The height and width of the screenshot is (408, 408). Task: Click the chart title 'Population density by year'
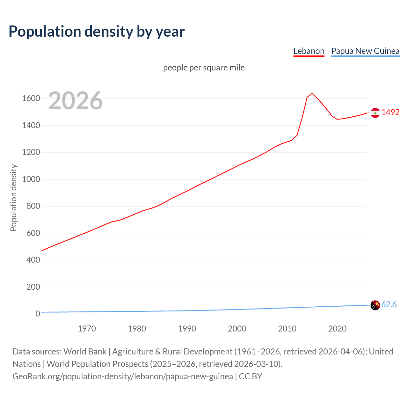(x=97, y=32)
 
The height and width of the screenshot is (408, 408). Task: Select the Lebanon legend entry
(x=309, y=51)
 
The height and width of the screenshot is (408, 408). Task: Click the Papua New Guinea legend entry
(x=365, y=51)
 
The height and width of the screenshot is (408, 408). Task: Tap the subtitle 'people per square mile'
(x=204, y=68)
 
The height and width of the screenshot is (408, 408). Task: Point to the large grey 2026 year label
(x=76, y=101)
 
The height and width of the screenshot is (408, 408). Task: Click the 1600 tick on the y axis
(x=31, y=98)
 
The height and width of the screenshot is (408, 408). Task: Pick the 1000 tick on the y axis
(x=31, y=179)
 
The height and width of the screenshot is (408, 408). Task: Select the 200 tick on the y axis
(x=33, y=287)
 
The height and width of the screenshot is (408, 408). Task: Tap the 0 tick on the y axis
(x=38, y=314)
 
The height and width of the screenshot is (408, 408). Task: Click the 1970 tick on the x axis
(x=87, y=329)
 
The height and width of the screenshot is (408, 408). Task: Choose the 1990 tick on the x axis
(x=187, y=329)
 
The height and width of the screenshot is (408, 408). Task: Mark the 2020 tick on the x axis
(x=337, y=329)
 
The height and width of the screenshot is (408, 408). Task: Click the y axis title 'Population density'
(x=13, y=198)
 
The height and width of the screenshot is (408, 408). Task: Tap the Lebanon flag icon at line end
(x=375, y=113)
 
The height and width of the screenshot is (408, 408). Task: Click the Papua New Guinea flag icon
(x=375, y=305)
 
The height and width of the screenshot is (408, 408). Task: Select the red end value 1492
(x=390, y=112)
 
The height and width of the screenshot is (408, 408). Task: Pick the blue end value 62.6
(x=389, y=305)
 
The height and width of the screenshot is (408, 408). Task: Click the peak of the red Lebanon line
(x=312, y=93)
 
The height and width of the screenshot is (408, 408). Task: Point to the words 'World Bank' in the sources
(x=85, y=351)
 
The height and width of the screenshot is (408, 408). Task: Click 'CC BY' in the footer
(x=251, y=376)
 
